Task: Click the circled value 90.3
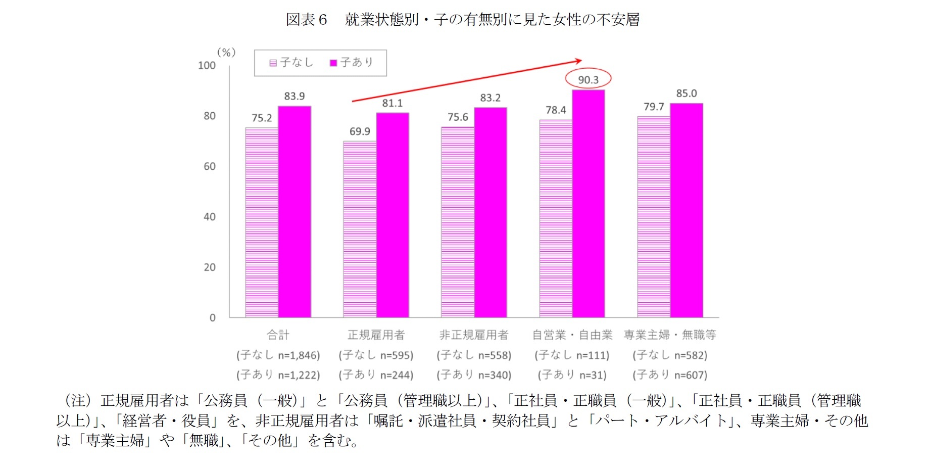pos(588,79)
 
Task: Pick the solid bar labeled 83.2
pos(490,212)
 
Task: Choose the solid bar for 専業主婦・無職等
pos(686,210)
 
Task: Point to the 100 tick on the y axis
pos(207,65)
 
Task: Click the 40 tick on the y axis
pos(209,217)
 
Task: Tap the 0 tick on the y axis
pos(212,318)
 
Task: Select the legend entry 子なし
pos(291,63)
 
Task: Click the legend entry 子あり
pos(352,63)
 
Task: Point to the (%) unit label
pos(226,53)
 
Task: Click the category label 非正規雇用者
pos(474,335)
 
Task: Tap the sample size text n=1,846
pos(299,355)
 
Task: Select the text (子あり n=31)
pos(572,375)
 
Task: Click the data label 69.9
pos(360,131)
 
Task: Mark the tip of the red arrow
pos(581,60)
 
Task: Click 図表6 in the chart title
pos(306,20)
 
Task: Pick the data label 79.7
pos(654,107)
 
